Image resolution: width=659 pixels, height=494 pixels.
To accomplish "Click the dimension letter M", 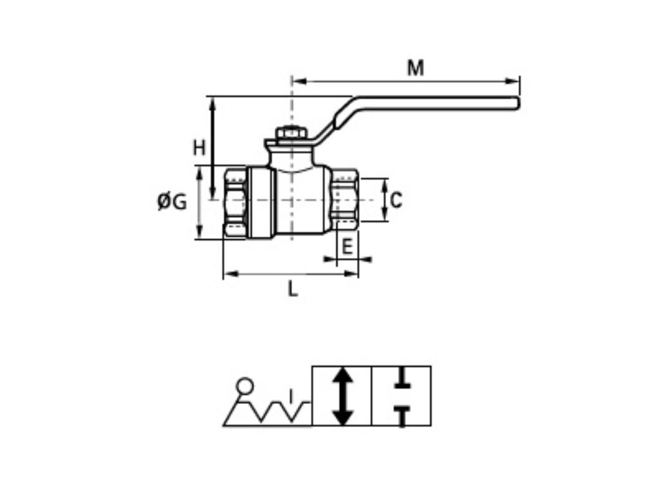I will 415,68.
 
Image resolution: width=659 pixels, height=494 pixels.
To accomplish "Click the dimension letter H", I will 200,148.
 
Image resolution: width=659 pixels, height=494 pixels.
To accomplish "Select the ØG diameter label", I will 172,202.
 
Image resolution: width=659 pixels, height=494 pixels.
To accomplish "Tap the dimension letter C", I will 396,200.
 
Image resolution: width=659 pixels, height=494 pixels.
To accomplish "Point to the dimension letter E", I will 348,246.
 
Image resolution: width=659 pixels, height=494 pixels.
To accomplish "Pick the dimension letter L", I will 293,289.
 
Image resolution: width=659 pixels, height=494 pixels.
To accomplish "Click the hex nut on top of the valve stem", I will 292,133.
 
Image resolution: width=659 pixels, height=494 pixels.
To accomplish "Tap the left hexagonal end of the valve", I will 236,203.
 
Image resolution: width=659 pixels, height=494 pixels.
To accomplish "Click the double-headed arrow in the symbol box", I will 342,396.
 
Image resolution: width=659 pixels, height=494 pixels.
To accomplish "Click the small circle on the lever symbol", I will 245,386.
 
